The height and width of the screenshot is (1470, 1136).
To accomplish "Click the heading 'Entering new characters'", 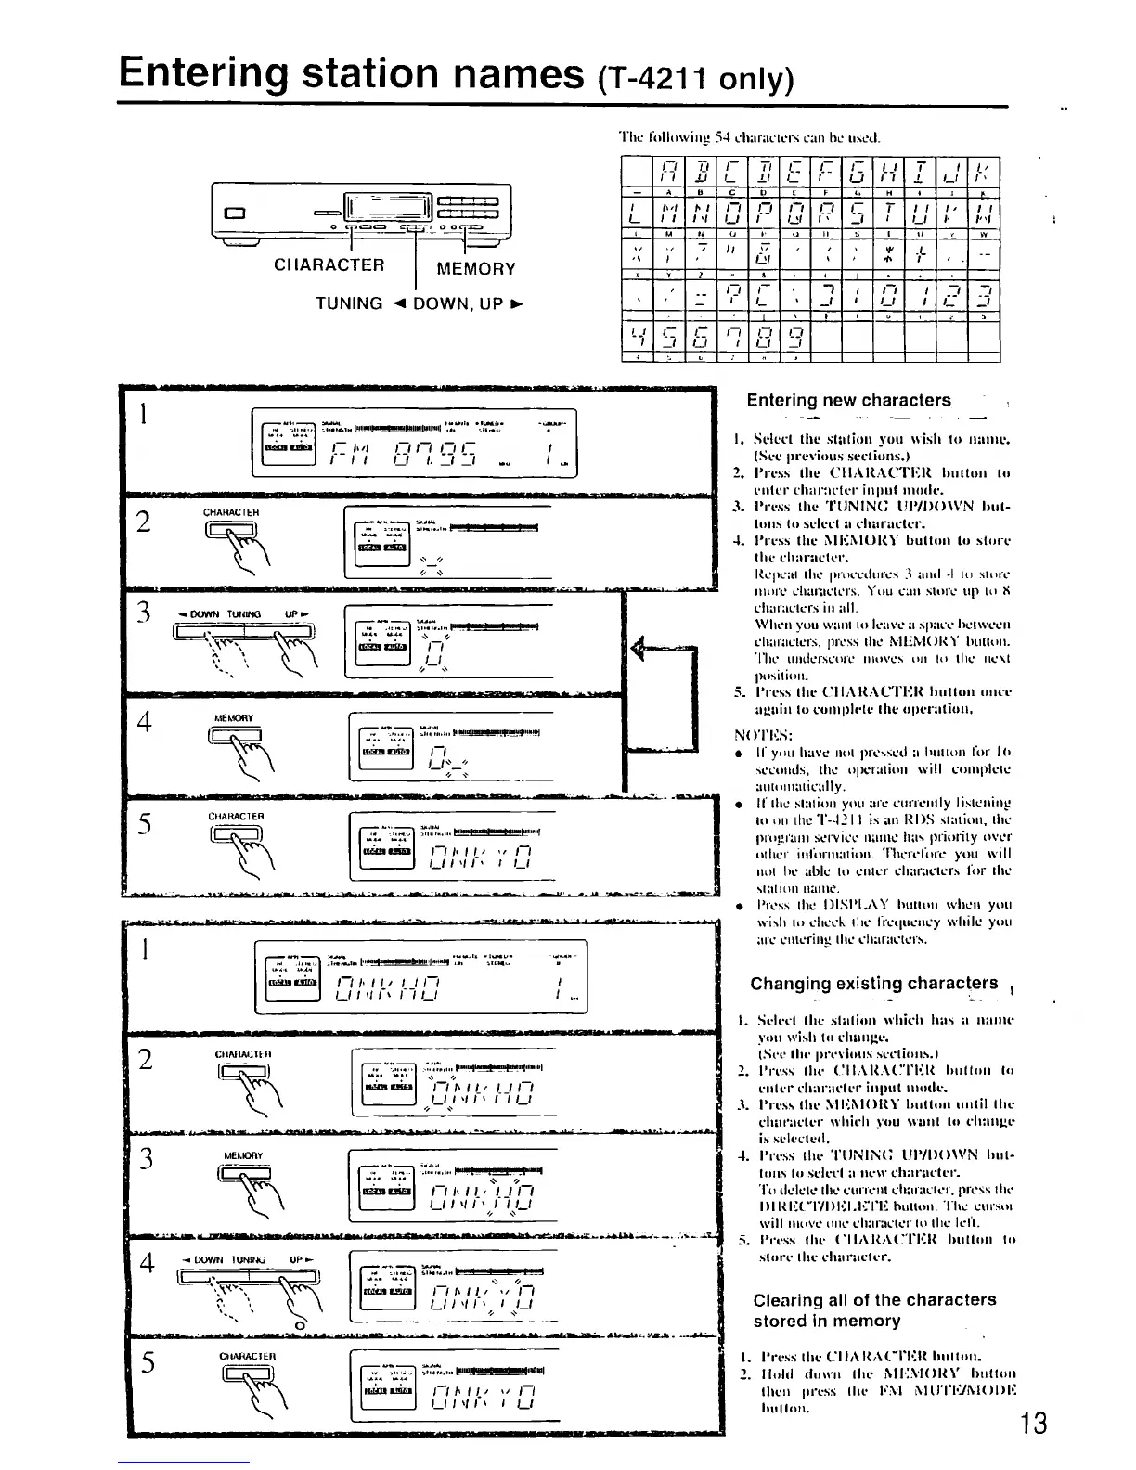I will (x=848, y=401).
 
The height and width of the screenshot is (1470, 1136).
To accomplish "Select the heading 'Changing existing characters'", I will (x=874, y=984).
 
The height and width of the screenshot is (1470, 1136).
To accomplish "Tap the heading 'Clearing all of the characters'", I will (x=873, y=1300).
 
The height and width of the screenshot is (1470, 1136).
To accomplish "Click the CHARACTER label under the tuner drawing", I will (x=329, y=265).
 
